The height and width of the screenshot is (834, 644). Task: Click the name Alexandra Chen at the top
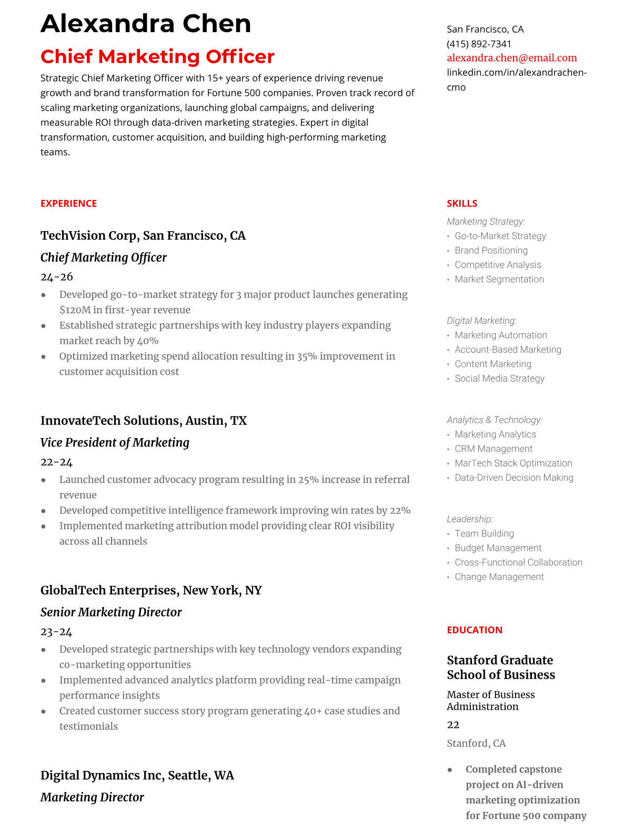(146, 24)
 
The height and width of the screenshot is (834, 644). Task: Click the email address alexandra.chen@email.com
(511, 58)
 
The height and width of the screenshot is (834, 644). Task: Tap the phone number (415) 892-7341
(479, 44)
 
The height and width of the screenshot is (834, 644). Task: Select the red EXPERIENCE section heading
(68, 204)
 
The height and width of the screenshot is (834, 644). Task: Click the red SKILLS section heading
(462, 204)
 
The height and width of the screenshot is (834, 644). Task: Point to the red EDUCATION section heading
(474, 630)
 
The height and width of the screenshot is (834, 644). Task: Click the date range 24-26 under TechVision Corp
(57, 277)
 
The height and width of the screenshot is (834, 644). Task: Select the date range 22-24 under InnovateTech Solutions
(57, 462)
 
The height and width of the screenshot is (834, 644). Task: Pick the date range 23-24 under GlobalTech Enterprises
(57, 632)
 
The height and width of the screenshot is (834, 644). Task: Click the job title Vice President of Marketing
(115, 443)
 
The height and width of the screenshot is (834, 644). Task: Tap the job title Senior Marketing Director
(111, 612)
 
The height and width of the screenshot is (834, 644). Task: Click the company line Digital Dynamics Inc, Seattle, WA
(137, 776)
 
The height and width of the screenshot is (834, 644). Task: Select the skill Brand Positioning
(491, 251)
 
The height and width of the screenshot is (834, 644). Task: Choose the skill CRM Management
(494, 449)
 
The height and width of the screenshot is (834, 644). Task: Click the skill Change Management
(499, 577)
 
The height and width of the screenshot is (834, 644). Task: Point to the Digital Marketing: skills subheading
(481, 321)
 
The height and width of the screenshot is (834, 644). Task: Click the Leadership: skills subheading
(470, 519)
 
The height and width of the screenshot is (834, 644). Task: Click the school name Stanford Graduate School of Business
(500, 668)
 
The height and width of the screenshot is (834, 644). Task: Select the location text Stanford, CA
(476, 743)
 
